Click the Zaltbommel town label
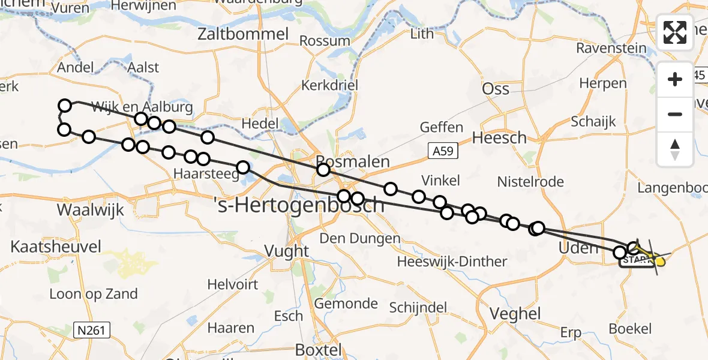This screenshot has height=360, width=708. (x=244, y=34)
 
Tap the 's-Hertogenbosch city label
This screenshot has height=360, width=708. (x=298, y=205)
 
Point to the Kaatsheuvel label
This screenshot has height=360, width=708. (x=55, y=247)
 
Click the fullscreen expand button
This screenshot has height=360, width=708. (x=675, y=32)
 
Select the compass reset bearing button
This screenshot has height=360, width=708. (x=675, y=149)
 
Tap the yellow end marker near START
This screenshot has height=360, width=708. (x=660, y=261)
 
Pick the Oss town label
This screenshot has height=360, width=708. (x=496, y=89)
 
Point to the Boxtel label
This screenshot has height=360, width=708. (x=319, y=350)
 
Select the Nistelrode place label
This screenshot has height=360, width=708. (x=531, y=182)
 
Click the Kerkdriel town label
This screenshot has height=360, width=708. (x=329, y=85)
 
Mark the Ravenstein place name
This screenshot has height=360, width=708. (x=611, y=48)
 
